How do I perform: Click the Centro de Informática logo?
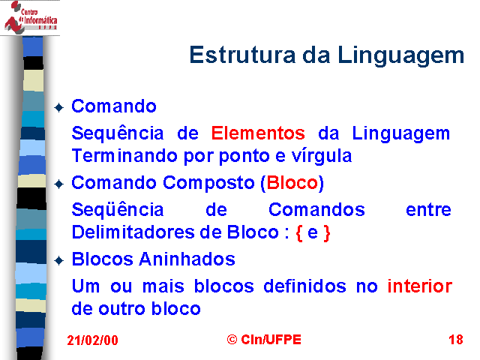pyautogui.click(x=30, y=16)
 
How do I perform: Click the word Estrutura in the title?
pyautogui.click(x=242, y=55)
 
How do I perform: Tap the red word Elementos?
pyautogui.click(x=258, y=133)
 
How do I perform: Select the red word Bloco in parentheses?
pyautogui.click(x=292, y=183)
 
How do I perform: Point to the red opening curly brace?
pyautogui.click(x=299, y=233)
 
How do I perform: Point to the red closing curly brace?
pyautogui.click(x=327, y=233)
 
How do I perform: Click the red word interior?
pyautogui.click(x=420, y=286)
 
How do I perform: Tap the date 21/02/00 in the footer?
pyautogui.click(x=92, y=340)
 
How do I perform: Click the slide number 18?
pyautogui.click(x=456, y=340)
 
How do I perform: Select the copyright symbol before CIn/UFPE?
pyautogui.click(x=232, y=340)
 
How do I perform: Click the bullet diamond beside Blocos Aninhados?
pyautogui.click(x=58, y=261)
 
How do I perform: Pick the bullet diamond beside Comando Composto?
pyautogui.click(x=58, y=184)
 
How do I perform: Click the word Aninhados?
pyautogui.click(x=187, y=259)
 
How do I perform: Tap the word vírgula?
pyautogui.click(x=322, y=157)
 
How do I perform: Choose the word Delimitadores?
pyautogui.click(x=133, y=232)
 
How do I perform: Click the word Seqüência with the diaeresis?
pyautogui.click(x=118, y=210)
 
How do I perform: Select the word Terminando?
pyautogui.click(x=124, y=155)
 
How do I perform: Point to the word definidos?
pyautogui.click(x=304, y=286)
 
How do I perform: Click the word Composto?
pyautogui.click(x=208, y=184)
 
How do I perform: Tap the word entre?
pyautogui.click(x=428, y=210)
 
